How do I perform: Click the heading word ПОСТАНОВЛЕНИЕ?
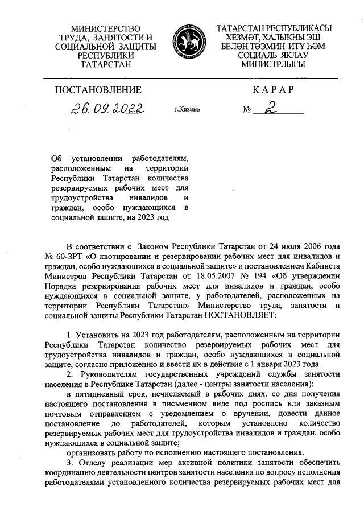pos(98,89)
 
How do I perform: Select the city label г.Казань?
pos(187,109)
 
